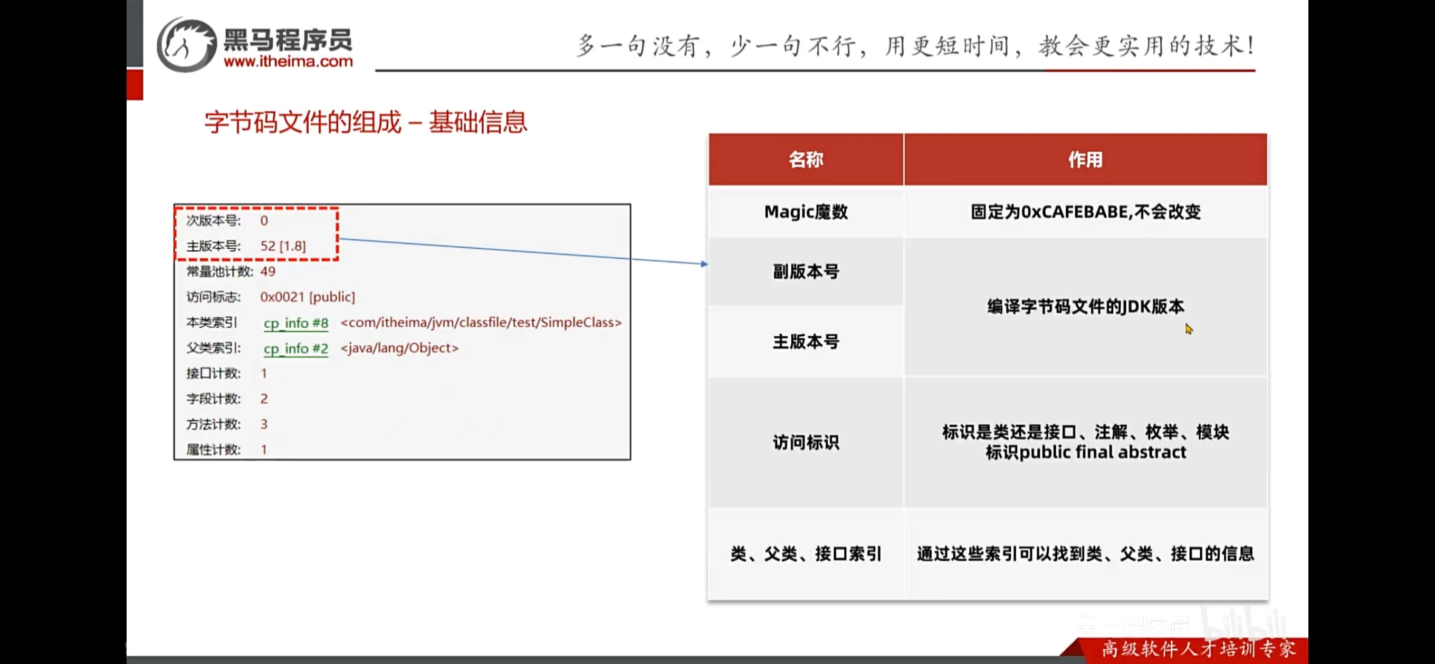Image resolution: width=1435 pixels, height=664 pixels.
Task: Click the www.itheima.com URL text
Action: (x=288, y=61)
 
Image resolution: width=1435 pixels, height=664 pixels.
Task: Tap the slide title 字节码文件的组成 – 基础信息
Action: (x=366, y=122)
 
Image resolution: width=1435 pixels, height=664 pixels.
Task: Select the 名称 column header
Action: (x=806, y=160)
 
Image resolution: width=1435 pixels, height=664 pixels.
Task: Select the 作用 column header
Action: (x=1085, y=160)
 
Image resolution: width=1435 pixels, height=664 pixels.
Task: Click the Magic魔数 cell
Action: (x=806, y=212)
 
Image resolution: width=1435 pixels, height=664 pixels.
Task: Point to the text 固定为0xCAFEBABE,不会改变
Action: (x=1085, y=212)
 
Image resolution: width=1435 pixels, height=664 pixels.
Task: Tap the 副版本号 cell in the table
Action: (x=806, y=271)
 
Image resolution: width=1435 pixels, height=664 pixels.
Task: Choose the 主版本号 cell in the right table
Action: (x=806, y=341)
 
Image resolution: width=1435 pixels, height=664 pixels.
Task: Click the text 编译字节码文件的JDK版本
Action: (x=1085, y=307)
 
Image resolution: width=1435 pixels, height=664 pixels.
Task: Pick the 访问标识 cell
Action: (x=806, y=443)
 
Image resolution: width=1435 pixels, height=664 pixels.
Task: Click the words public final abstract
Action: (x=1103, y=453)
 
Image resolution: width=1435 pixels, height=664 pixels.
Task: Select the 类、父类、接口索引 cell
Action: (x=806, y=554)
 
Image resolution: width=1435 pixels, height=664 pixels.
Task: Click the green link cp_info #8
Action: (x=296, y=323)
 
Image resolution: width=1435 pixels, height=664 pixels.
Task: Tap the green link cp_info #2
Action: (x=296, y=348)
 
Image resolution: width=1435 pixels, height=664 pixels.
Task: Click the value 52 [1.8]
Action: (x=283, y=246)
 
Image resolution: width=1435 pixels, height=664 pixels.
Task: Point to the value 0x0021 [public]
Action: (x=308, y=297)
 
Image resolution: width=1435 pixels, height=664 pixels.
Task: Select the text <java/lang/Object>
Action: (x=399, y=348)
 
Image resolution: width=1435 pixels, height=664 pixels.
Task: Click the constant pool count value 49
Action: (x=268, y=271)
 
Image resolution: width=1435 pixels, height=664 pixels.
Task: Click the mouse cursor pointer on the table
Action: (x=1189, y=329)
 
